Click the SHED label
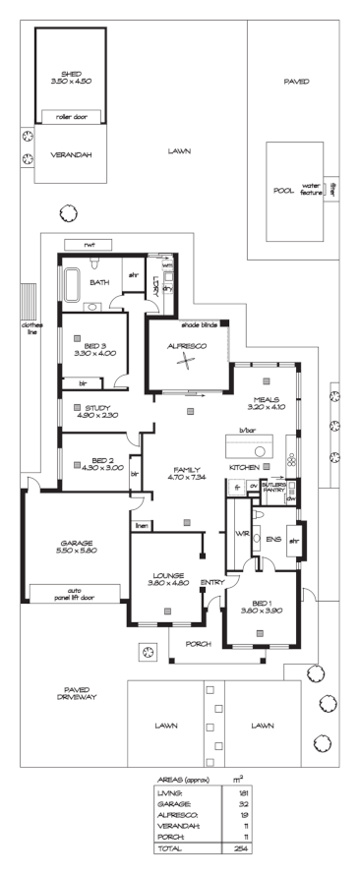tap(70, 74)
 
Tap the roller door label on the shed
tap(70, 116)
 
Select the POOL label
tap(283, 190)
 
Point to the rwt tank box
tap(88, 243)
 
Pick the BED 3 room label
tap(89, 345)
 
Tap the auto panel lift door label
tap(76, 593)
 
